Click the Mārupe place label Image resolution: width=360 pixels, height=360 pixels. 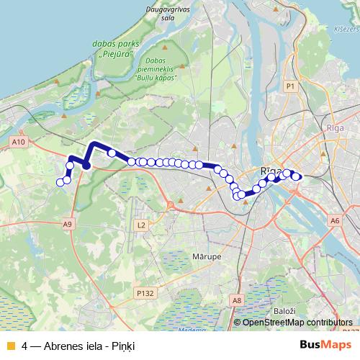point(207,256)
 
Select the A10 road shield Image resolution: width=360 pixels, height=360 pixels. point(19,143)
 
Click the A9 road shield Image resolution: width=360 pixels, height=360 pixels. point(68,225)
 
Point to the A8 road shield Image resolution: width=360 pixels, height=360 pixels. point(237,300)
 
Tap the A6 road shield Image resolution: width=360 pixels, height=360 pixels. point(335,220)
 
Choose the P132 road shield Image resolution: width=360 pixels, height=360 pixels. point(145,293)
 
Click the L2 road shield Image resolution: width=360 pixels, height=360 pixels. point(140,225)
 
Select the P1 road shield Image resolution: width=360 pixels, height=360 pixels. point(291,86)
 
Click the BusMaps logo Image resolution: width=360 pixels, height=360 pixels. point(325,346)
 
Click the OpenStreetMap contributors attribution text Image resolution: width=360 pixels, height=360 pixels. point(298,323)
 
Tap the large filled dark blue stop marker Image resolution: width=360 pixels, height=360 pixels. point(86,165)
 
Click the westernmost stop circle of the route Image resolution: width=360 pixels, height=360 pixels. point(60,181)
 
